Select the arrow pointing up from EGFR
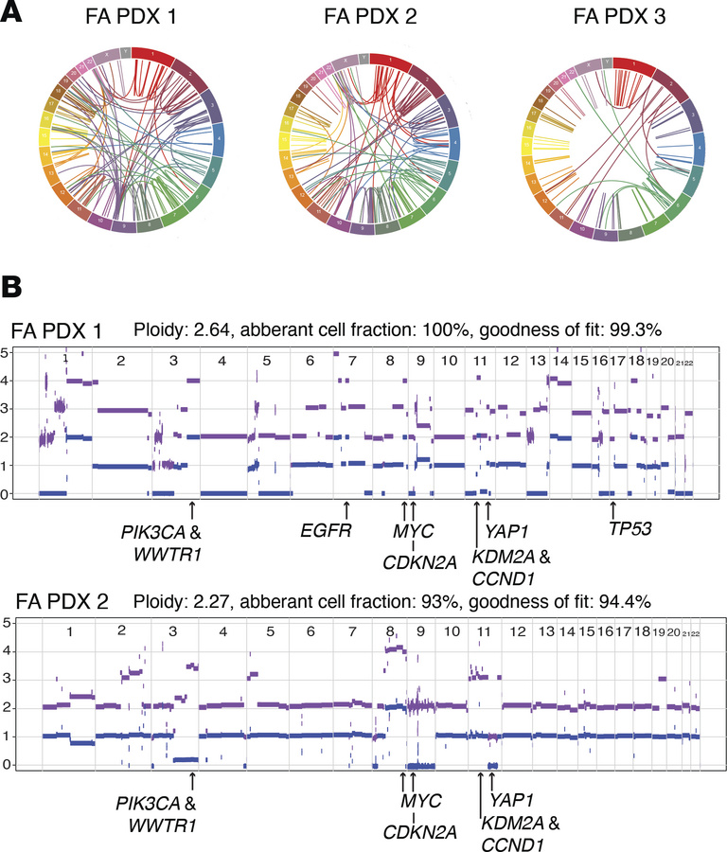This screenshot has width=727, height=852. pos(346,508)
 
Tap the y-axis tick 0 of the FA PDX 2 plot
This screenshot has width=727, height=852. pos(8,765)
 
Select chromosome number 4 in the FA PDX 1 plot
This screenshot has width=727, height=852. pos(220,361)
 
